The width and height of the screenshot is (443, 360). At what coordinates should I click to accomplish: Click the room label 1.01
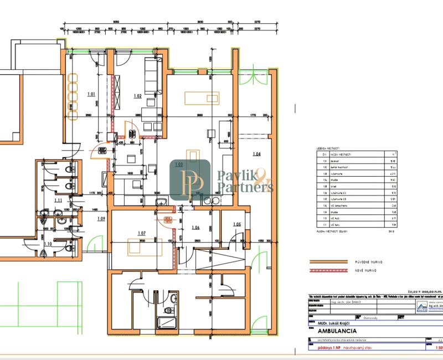pos(91,94)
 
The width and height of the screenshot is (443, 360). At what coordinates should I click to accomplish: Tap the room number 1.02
pos(138,96)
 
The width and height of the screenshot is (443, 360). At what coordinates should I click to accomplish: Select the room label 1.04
pos(256,153)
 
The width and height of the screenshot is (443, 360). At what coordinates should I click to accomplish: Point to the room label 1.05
pos(237,224)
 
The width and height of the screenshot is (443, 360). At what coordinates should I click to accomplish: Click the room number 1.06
pos(195,228)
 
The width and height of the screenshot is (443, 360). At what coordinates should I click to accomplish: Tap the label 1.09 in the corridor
pos(101,219)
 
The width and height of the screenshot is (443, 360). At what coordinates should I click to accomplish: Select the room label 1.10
pos(48,244)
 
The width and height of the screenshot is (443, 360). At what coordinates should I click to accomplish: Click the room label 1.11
pos(58,200)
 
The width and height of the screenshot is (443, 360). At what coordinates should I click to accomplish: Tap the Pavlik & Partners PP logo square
pos(190,181)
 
